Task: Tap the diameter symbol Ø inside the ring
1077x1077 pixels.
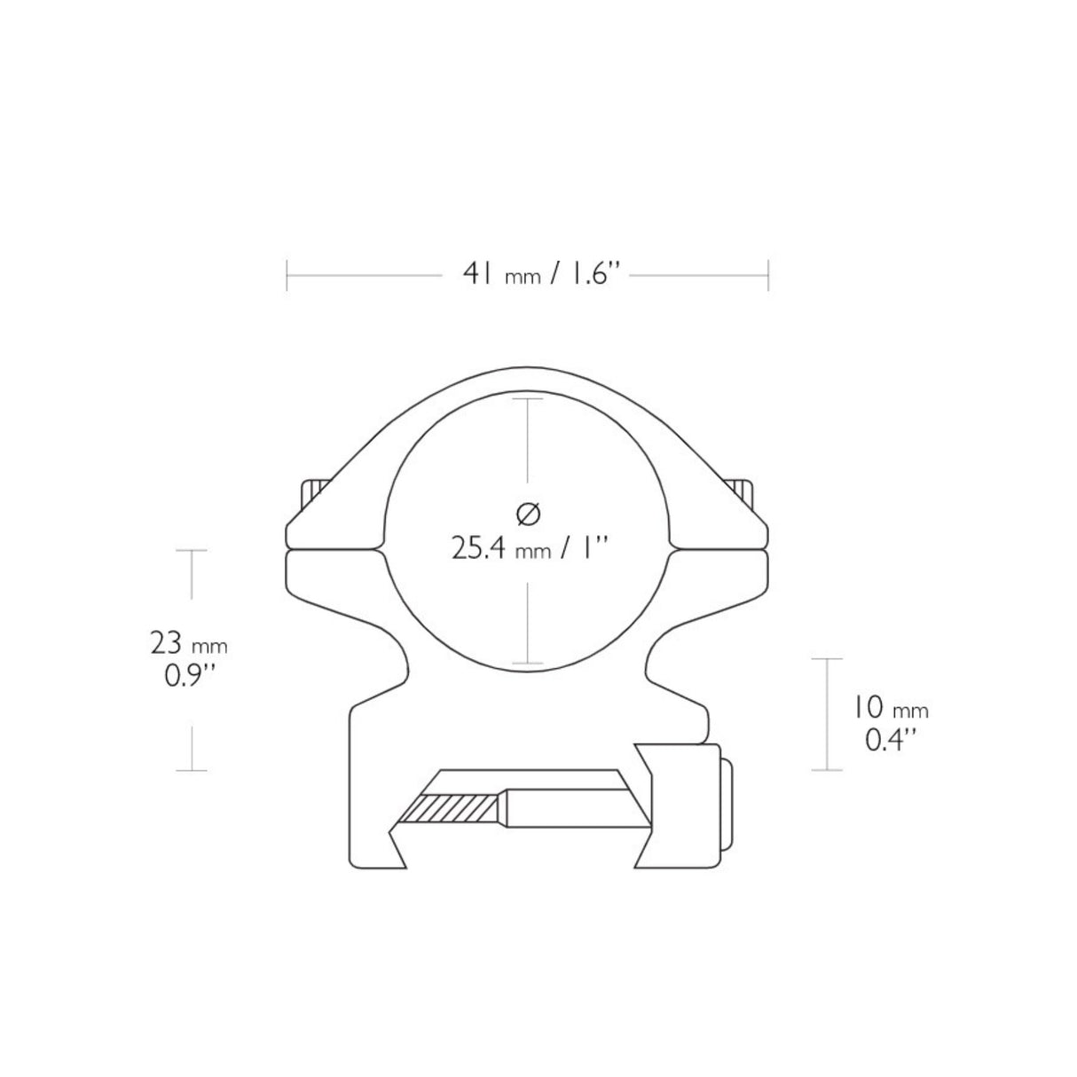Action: (528, 513)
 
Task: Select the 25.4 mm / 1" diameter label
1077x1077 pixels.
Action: (528, 549)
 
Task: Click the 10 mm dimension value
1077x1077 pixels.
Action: (890, 708)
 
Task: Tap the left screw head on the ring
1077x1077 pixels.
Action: (315, 491)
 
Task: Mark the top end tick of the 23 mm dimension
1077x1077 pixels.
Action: (191, 550)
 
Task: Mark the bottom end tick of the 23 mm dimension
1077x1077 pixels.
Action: (191, 770)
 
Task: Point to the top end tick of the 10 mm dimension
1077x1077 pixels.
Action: (827, 659)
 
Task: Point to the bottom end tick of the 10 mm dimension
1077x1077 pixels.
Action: (827, 770)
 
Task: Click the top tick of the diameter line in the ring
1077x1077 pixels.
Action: (528, 399)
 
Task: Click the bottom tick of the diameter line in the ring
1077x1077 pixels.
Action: (528, 664)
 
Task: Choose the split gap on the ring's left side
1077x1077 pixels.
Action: (333, 549)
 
